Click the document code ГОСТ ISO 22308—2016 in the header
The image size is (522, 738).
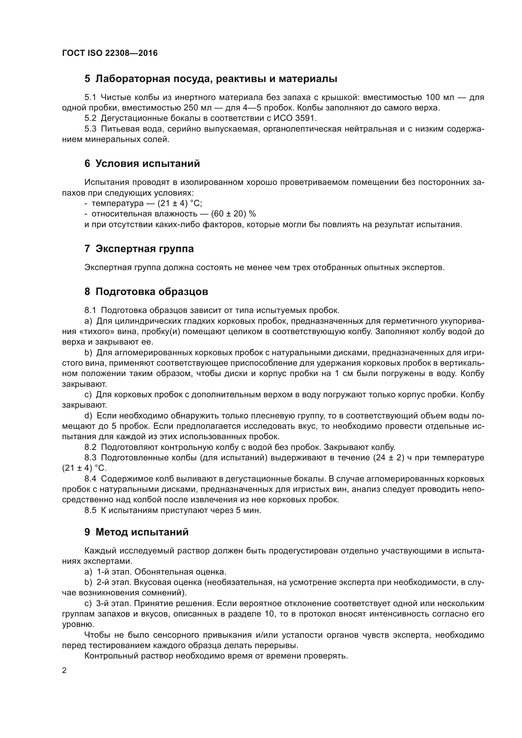[x=110, y=53]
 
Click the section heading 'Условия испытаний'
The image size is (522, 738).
[x=147, y=164]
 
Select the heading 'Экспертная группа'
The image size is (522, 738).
[x=144, y=249]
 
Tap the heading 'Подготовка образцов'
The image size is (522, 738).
[x=152, y=292]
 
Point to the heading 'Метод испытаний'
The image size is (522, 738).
[x=142, y=532]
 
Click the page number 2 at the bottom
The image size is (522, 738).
[x=64, y=670]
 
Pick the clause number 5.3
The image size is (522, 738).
[x=90, y=129]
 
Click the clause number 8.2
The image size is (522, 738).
[x=90, y=447]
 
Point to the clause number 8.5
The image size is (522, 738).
[x=90, y=511]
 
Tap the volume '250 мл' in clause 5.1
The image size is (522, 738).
[x=197, y=108]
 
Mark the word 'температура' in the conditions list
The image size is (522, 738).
[x=118, y=203]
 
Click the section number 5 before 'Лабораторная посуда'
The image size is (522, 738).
[x=87, y=79]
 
